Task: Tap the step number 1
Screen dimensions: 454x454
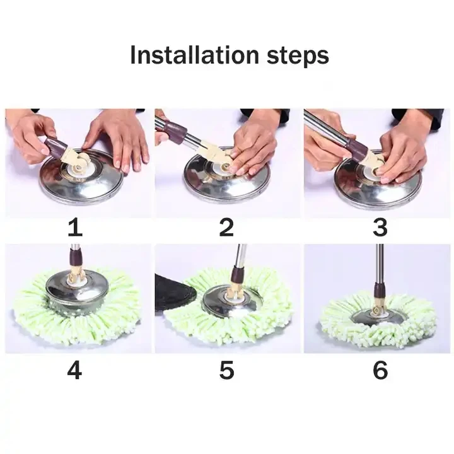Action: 74,228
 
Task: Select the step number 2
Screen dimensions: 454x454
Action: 226,228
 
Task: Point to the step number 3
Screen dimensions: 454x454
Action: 380,228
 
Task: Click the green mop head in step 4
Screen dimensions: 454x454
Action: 38,315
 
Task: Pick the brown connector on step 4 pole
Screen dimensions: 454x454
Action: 74,259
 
